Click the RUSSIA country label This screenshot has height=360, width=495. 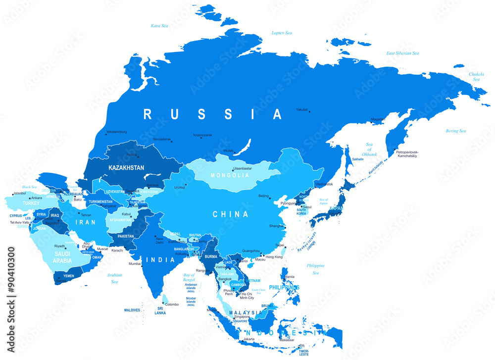(x=213, y=114)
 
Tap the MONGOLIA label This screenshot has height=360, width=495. (x=230, y=175)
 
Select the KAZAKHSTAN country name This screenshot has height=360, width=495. (x=126, y=168)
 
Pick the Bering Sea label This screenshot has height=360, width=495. (x=455, y=131)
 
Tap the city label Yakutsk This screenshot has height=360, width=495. (x=302, y=109)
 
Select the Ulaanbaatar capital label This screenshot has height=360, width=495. (x=243, y=168)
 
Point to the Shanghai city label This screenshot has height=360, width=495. (x=276, y=226)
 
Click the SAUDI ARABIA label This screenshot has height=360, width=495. (x=63, y=257)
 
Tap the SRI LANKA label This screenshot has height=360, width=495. (x=160, y=310)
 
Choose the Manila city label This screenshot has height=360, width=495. (x=290, y=276)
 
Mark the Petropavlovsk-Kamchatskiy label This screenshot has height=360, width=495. (x=408, y=154)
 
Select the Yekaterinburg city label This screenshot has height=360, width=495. (x=116, y=132)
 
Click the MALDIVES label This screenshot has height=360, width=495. (x=132, y=310)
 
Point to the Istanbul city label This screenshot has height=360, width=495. (x=19, y=193)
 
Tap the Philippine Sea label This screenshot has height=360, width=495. (x=316, y=269)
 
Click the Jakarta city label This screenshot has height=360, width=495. (x=249, y=339)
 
